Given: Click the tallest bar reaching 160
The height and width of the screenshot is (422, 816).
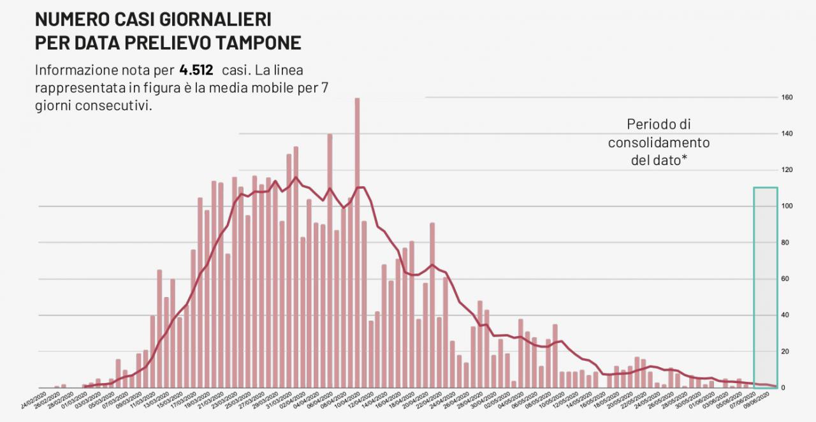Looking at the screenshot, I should click(357, 242).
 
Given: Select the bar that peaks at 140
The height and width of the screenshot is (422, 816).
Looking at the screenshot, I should click(330, 261).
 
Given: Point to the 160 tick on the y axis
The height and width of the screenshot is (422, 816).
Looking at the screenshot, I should click(787, 98).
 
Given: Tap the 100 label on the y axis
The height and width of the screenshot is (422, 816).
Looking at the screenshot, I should click(787, 207).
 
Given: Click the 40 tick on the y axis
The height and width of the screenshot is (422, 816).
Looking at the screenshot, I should click(787, 316).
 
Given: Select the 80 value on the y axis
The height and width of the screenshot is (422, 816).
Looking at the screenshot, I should click(787, 243).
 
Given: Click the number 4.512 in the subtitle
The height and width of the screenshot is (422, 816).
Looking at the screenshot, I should click(196, 69).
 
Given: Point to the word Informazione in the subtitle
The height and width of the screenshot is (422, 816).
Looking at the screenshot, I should click(76, 69).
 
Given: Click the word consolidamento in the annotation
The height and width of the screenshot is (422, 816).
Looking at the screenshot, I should click(659, 142).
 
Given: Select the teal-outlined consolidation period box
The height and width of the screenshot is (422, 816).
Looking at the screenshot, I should click(765, 287).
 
